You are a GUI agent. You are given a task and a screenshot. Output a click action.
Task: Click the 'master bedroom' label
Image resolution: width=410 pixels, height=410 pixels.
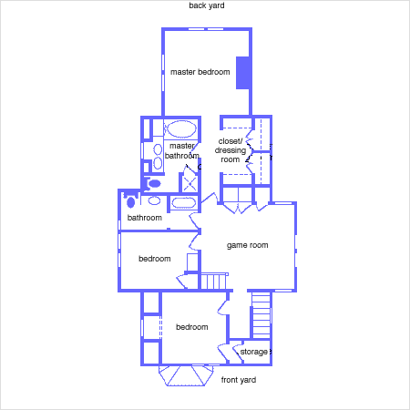tap(200, 72)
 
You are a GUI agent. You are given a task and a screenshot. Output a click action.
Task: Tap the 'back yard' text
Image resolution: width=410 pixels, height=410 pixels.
tap(207, 5)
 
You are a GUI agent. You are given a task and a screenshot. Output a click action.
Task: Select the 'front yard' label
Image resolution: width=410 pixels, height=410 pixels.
tap(239, 380)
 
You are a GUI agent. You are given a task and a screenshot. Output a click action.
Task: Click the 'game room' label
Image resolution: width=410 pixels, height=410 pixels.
tap(247, 245)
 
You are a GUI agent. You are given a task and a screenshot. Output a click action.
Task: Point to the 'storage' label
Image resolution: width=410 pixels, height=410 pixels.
tap(253, 352)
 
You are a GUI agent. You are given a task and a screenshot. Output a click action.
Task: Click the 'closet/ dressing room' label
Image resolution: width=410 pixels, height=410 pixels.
tap(231, 150)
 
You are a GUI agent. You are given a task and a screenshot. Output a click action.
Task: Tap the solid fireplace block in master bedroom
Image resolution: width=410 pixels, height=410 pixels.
tap(243, 73)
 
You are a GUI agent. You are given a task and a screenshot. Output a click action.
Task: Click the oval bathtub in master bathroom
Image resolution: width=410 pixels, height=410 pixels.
tap(181, 129)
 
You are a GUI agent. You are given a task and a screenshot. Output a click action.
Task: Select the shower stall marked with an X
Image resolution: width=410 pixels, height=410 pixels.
tap(190, 183)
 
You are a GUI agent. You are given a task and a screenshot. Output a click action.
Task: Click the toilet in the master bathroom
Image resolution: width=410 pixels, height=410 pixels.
tap(153, 184)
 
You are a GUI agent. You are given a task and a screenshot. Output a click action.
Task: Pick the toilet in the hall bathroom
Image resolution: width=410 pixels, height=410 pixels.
tap(130, 201)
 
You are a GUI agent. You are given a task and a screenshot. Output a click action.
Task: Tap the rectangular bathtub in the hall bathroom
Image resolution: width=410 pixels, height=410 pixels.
tap(183, 203)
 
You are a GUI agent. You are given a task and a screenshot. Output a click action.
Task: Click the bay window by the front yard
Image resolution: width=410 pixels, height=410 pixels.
tap(186, 375)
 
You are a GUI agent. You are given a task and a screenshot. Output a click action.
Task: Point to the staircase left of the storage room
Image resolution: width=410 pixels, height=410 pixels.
tap(261, 315)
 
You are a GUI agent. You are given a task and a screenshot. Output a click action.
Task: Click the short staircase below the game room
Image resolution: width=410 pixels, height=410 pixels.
tap(214, 282)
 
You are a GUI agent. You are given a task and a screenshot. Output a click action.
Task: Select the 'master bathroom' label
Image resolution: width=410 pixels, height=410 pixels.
tap(182, 151)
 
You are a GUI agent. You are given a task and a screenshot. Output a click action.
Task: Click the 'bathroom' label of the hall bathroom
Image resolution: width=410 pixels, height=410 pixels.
tap(145, 218)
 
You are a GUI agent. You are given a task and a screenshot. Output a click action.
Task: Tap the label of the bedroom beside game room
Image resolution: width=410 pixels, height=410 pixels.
tap(155, 259)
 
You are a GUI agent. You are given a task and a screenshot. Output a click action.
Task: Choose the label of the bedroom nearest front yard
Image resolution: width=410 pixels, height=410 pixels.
tap(192, 327)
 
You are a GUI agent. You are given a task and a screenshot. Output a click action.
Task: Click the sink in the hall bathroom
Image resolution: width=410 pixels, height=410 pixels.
tap(154, 200)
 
